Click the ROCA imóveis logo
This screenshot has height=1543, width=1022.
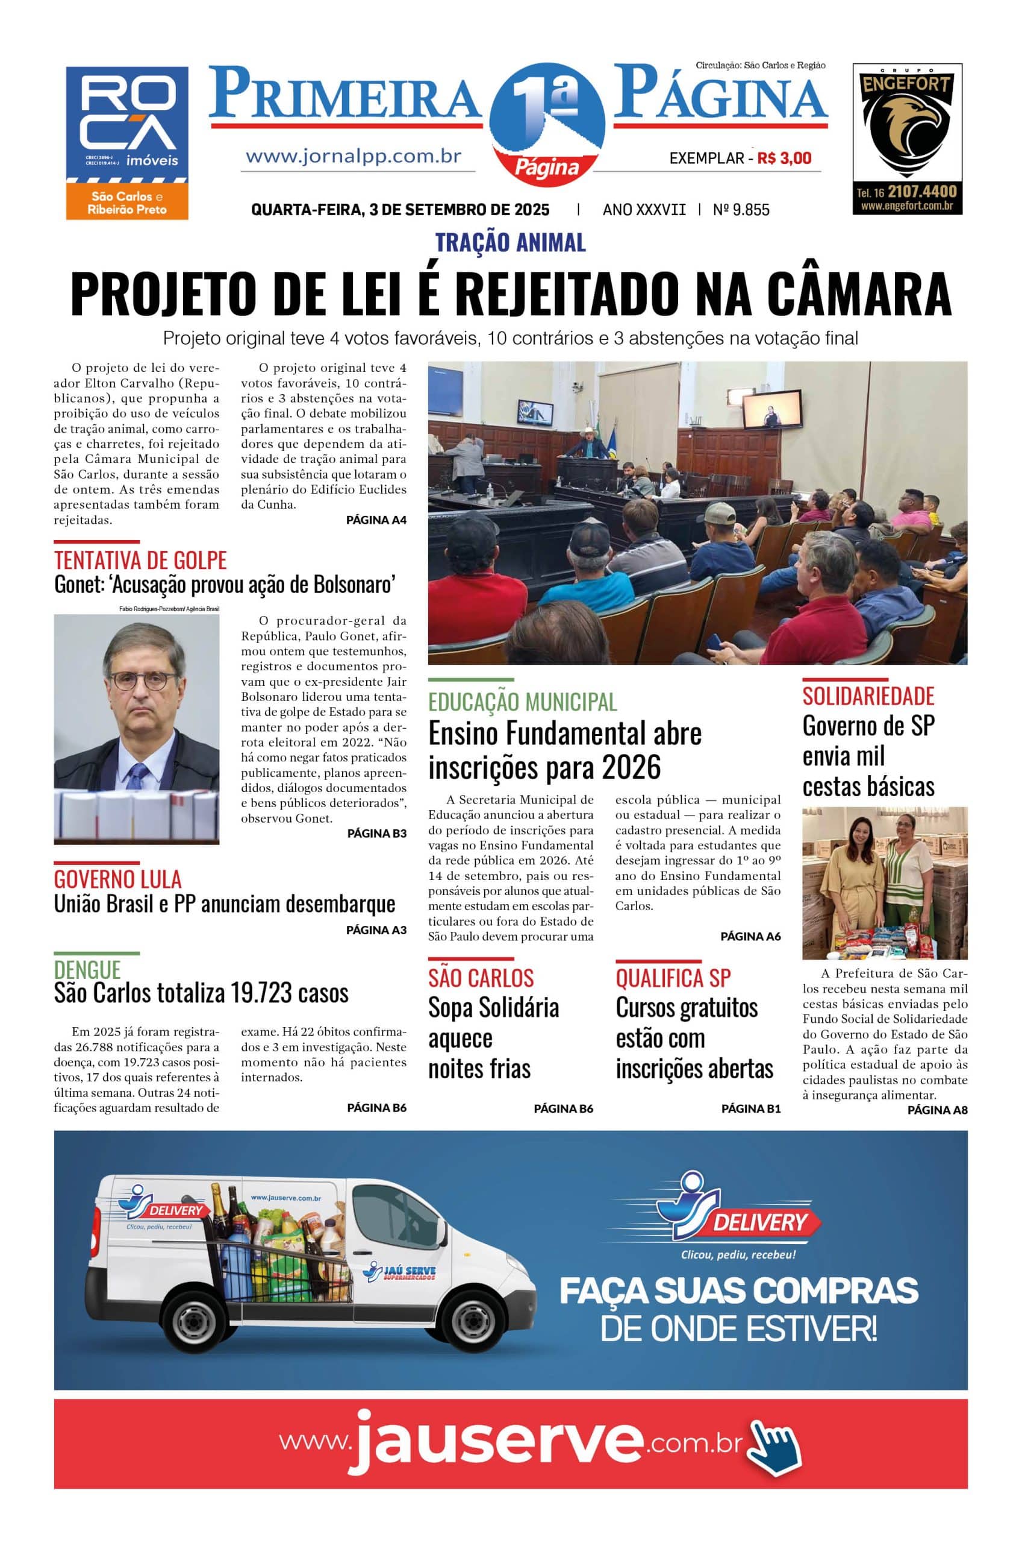point(127,142)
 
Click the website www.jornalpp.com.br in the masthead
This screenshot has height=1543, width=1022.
point(354,157)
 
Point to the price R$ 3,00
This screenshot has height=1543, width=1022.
point(784,158)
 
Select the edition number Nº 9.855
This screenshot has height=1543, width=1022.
point(741,209)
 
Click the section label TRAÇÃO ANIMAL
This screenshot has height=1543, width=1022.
point(510,243)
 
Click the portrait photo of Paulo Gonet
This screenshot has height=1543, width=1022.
point(136,729)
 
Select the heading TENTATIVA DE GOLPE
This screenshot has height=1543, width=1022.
point(140,560)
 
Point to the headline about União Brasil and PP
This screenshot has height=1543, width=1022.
point(224,904)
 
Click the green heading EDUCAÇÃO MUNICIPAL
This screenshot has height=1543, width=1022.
point(522,702)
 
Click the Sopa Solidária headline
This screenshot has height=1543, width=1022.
point(493,1039)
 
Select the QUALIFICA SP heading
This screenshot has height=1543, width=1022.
point(673,978)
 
